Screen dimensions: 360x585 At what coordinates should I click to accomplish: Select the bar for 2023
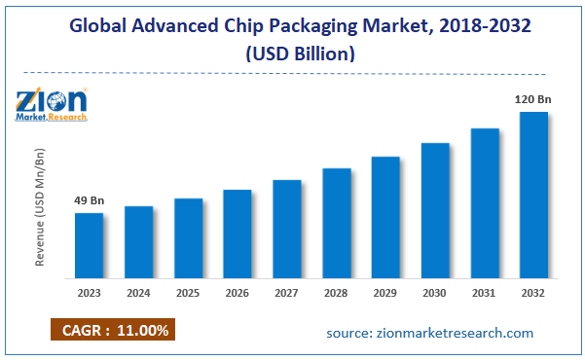point(90,243)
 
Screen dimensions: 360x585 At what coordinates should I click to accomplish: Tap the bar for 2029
point(385,215)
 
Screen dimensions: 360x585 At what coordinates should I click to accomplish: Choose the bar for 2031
point(485,201)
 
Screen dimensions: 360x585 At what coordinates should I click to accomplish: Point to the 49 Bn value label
point(90,201)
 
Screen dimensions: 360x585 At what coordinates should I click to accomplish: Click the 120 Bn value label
point(531,99)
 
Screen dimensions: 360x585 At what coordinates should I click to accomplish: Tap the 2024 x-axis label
point(139,291)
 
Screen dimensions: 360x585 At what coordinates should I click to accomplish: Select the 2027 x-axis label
point(287,291)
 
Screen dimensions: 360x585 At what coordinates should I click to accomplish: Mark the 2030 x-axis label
point(435,291)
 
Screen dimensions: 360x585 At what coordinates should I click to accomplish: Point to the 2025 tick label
point(189,291)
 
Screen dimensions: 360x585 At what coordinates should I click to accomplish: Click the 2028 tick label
point(336,291)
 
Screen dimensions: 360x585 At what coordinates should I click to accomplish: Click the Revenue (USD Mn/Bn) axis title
point(40,207)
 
